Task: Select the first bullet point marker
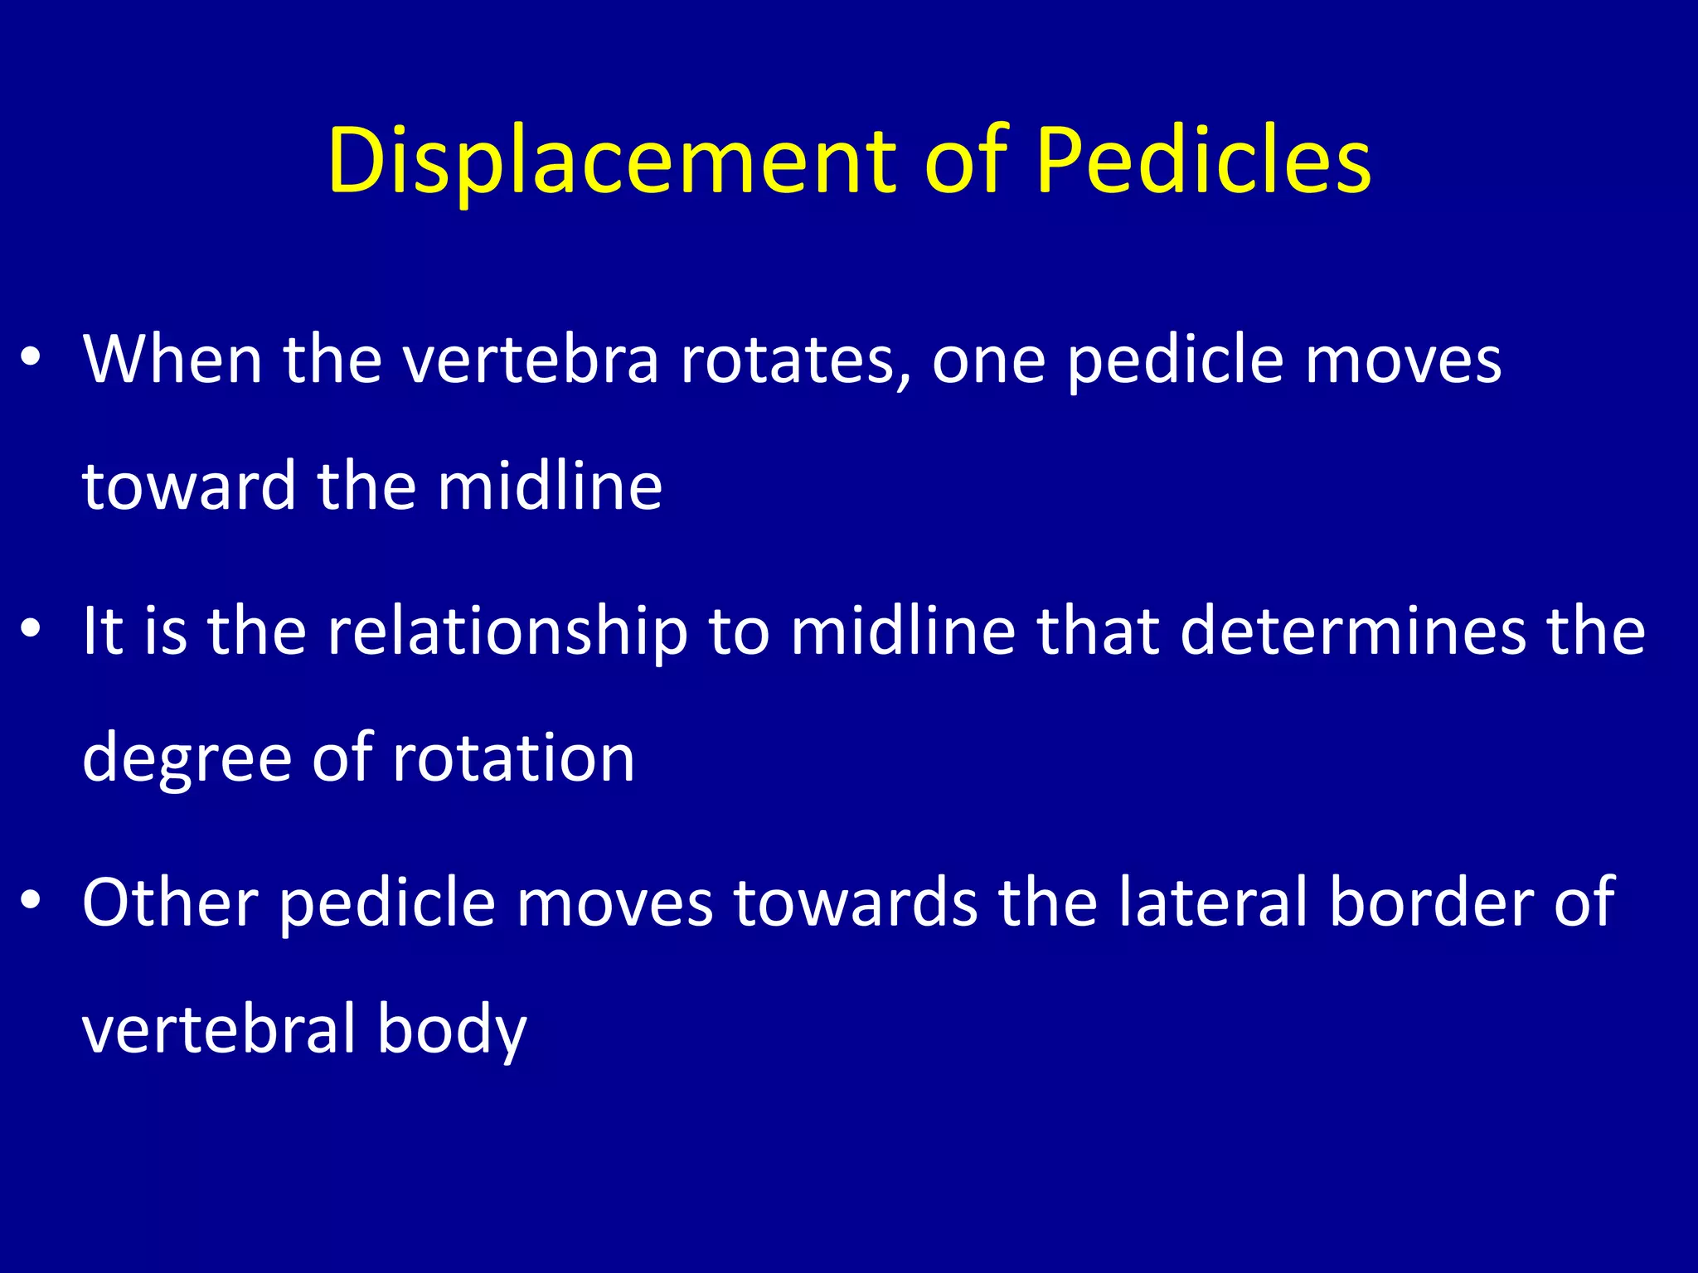(x=32, y=360)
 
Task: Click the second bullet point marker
(x=32, y=632)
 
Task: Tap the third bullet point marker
(x=32, y=903)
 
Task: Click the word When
(x=172, y=360)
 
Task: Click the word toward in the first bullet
(x=189, y=486)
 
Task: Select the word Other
(x=170, y=903)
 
